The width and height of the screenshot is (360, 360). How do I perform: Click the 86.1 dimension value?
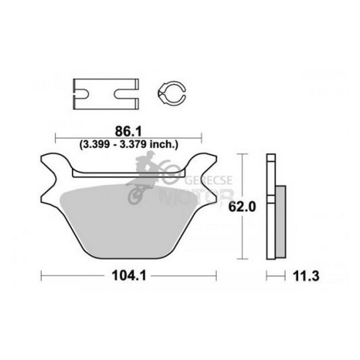point(129,131)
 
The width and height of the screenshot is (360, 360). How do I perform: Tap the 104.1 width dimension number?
point(129,276)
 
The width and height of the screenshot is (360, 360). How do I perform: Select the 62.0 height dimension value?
point(242,207)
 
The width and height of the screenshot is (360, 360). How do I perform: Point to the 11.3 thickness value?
point(306,276)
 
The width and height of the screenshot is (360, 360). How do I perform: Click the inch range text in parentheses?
point(129,144)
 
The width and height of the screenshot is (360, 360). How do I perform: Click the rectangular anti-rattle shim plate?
point(106,94)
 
